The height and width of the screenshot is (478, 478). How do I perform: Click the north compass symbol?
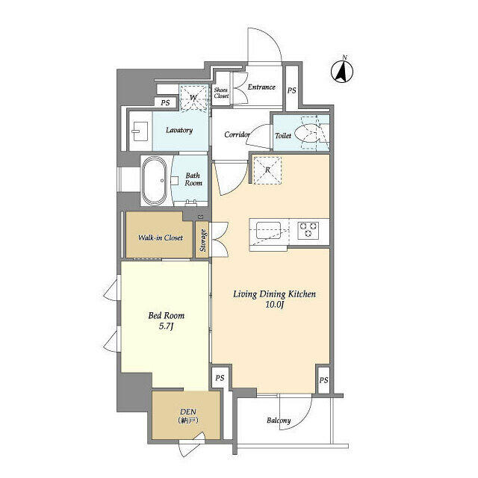342,70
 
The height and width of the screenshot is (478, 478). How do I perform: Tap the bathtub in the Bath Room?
155,181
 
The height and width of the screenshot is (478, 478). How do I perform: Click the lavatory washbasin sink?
140,131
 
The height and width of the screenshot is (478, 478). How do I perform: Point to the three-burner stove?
308,230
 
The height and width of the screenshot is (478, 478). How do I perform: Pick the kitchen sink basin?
268,231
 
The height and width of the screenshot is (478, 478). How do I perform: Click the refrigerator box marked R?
267,170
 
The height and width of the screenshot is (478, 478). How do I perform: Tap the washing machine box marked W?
193,98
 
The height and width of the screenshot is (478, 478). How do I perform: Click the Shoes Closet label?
221,93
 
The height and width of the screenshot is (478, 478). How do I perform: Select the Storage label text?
202,240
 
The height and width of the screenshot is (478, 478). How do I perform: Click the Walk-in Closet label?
161,238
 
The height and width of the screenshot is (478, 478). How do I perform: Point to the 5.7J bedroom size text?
166,326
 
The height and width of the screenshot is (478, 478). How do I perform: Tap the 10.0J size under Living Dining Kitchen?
275,304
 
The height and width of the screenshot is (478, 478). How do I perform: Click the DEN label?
188,412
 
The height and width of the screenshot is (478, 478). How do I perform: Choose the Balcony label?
279,420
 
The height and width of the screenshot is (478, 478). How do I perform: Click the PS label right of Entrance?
292,90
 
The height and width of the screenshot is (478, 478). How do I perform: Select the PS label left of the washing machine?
165,103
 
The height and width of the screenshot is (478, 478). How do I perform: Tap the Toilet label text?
283,135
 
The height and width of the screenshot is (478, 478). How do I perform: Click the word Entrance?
261,87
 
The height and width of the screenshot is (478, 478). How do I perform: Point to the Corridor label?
238,134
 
